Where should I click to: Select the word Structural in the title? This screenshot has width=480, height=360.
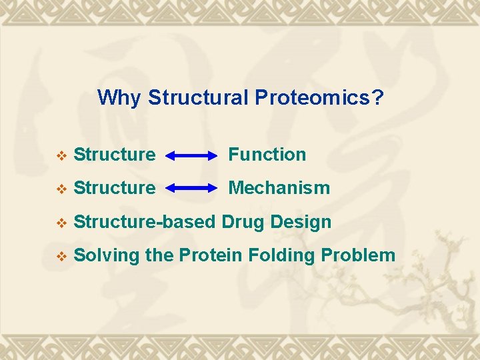tap(198, 98)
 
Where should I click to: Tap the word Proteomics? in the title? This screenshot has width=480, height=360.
tap(319, 99)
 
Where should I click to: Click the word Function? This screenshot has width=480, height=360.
tap(267, 155)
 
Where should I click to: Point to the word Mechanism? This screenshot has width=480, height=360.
tap(279, 188)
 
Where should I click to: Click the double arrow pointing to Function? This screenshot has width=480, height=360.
tap(191, 156)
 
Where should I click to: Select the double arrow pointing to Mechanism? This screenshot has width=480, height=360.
tap(191, 189)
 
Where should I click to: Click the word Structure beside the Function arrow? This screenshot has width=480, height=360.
tap(115, 155)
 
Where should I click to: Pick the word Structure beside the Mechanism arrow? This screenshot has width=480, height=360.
tap(115, 188)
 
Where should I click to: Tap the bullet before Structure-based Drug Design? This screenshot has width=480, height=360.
tap(62, 223)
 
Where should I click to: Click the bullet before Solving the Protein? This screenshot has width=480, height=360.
tap(62, 256)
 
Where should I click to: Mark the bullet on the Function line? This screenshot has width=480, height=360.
tap(62, 156)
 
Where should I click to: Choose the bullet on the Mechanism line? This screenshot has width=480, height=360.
tap(62, 189)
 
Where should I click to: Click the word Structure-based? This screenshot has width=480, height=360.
tap(145, 221)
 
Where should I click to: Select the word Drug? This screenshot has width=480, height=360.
tap(242, 222)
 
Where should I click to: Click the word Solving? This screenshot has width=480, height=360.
tap(107, 255)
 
